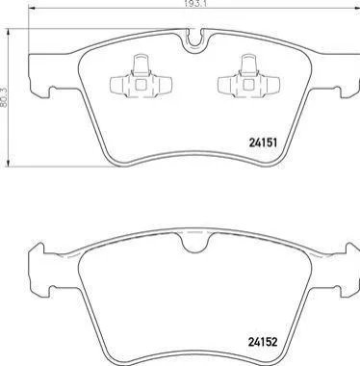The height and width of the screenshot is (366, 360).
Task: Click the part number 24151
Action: (263, 143)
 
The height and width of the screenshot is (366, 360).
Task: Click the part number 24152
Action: (263, 342)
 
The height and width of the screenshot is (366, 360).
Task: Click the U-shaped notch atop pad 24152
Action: (194, 243)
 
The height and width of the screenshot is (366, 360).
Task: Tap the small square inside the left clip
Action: (141, 85)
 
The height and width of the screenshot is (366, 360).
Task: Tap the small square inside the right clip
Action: (248, 85)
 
